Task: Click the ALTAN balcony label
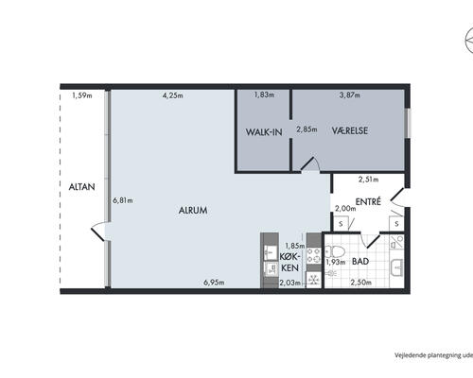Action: click(x=81, y=187)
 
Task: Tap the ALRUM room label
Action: click(x=193, y=210)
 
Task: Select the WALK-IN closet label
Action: click(x=264, y=132)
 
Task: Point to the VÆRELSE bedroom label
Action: click(x=350, y=130)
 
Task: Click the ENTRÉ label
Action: click(x=368, y=201)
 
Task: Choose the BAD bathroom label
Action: click(x=360, y=261)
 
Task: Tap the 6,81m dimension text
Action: click(x=123, y=200)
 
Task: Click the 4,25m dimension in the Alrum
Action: click(x=173, y=95)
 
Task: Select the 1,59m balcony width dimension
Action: click(x=82, y=95)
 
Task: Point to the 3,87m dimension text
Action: click(x=350, y=94)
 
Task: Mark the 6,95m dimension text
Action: click(x=214, y=283)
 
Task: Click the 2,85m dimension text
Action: click(x=307, y=129)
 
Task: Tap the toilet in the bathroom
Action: click(x=335, y=252)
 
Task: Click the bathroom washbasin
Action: click(x=397, y=267)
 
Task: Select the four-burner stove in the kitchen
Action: click(x=314, y=255)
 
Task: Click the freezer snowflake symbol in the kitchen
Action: click(x=314, y=280)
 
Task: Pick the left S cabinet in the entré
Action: click(x=341, y=224)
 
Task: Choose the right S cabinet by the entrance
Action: click(x=396, y=224)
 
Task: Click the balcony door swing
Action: click(x=98, y=231)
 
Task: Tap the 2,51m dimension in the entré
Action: click(x=369, y=180)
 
